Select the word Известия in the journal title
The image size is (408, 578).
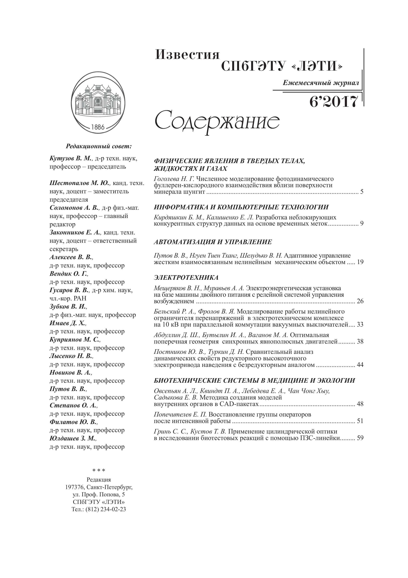coord(188,55)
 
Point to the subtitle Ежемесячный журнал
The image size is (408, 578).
coord(321,83)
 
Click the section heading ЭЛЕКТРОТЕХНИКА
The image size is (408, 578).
coord(186,278)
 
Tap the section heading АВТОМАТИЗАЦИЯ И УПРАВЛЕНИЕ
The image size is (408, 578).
coord(213,242)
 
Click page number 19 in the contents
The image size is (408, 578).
coord(360,262)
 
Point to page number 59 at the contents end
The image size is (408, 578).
coord(360,438)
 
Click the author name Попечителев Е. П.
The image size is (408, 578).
coord(180,414)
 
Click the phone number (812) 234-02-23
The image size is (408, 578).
coord(106,509)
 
